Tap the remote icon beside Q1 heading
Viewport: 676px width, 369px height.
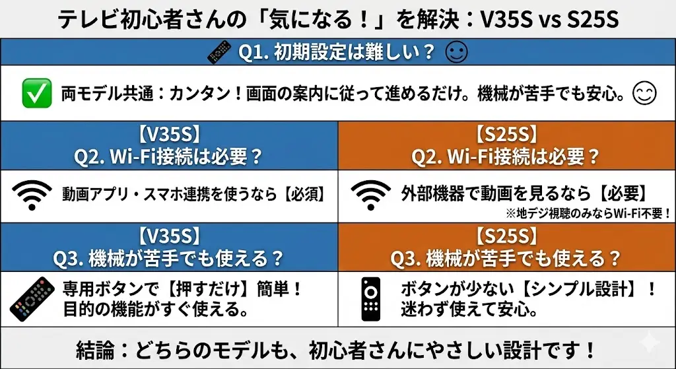219,52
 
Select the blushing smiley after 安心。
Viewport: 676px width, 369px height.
644,94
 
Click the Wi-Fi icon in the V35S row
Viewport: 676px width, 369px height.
31,194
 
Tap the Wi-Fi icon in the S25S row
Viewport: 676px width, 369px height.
370,194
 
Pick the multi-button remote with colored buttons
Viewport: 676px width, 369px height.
32,299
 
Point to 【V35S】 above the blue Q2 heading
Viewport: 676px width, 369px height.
169,135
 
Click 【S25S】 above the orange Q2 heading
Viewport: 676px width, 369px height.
506,135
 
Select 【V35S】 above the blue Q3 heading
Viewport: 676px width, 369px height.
169,236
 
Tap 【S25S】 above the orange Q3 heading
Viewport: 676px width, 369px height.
506,236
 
